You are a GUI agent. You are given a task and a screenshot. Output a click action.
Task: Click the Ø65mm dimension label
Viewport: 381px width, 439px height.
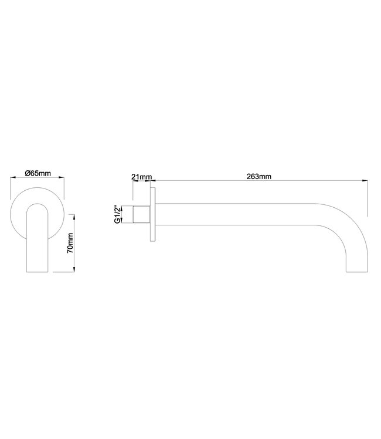coord(36,173)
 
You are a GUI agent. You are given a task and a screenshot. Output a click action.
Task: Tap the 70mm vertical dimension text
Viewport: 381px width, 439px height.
coord(70,242)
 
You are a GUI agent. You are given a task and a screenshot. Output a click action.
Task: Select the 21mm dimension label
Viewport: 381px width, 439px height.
coord(142,176)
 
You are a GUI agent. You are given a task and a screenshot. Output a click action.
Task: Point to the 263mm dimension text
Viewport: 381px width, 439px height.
coord(258,176)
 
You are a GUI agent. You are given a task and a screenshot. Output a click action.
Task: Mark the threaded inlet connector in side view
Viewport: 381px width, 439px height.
coord(142,215)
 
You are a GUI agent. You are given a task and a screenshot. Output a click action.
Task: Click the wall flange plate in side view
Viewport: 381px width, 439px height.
coord(154,215)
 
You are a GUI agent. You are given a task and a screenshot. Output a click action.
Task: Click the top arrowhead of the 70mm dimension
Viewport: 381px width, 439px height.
coord(74,216)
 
